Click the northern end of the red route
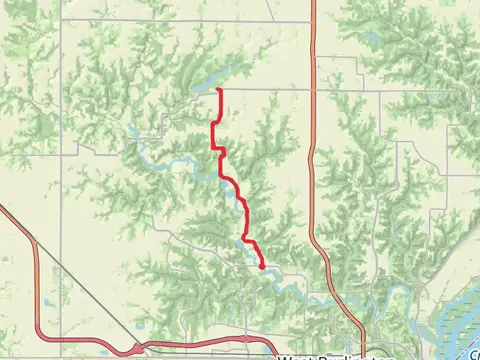click(x=218, y=91)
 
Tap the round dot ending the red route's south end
click(x=262, y=267)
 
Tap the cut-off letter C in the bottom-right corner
click(x=474, y=353)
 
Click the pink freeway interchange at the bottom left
click(x=135, y=348)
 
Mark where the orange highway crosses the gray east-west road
click(x=313, y=88)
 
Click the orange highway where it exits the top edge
click(x=313, y=3)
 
